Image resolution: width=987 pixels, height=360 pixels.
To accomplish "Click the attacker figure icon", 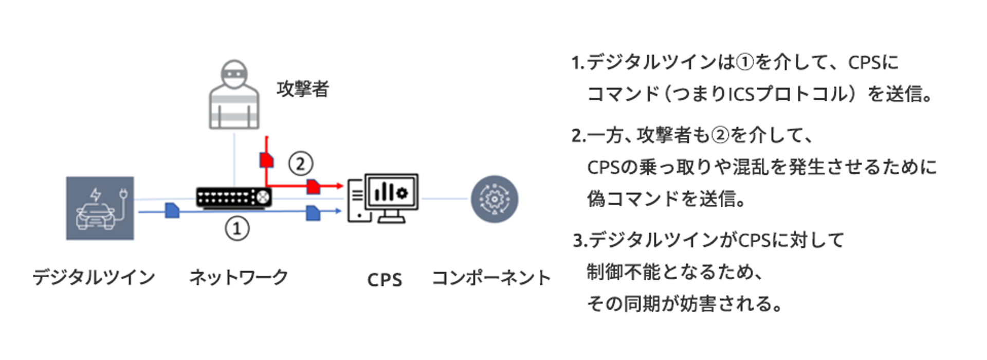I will click(x=234, y=95).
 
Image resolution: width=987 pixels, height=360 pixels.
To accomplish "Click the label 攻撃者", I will click(x=303, y=89).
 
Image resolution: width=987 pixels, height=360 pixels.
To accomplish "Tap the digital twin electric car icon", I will click(x=100, y=208).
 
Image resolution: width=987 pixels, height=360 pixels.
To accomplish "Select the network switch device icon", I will click(x=234, y=197).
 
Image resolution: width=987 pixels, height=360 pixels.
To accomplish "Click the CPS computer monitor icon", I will click(x=383, y=198).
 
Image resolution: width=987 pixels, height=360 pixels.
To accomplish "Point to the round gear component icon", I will click(x=494, y=199).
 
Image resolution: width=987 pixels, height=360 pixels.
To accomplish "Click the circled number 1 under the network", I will click(x=237, y=228).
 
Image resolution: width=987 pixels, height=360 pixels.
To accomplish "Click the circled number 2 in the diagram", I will click(x=300, y=164).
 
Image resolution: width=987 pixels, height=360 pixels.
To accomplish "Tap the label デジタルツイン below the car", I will click(x=94, y=277).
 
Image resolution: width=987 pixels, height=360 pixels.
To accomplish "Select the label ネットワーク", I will click(x=239, y=277).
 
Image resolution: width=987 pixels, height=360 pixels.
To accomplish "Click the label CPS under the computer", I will click(x=385, y=280).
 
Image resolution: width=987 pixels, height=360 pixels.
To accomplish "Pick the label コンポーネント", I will click(x=491, y=278).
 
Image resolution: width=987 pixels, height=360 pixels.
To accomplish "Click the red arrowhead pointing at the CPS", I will click(x=339, y=186).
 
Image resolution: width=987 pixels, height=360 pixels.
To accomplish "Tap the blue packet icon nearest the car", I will click(x=172, y=210).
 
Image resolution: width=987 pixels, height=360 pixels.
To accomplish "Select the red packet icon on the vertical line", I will click(x=266, y=160).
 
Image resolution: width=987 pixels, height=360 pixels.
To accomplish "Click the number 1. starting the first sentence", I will click(x=578, y=63).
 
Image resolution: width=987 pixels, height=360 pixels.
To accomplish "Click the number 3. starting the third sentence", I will click(x=580, y=241).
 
